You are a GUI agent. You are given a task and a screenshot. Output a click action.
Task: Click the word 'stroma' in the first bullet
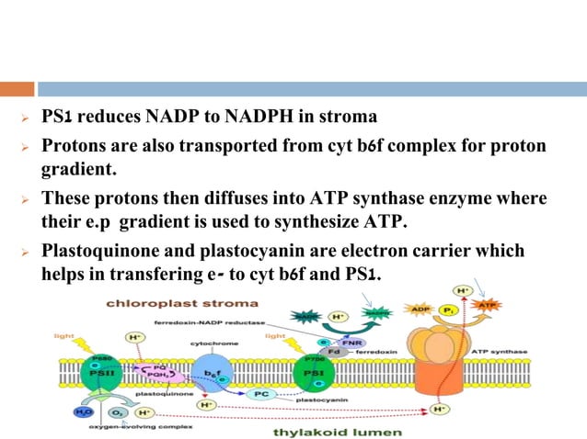tap(351, 118)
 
